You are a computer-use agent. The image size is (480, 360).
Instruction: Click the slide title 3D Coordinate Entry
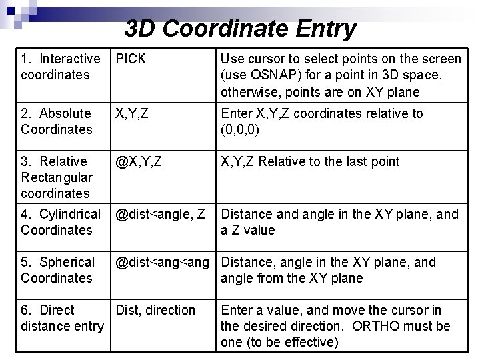tap(240, 29)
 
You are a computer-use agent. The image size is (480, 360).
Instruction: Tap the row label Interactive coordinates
tap(60, 67)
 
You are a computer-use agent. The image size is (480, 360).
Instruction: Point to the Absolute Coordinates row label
tap(57, 121)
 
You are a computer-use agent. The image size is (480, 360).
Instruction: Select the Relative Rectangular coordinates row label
tap(56, 177)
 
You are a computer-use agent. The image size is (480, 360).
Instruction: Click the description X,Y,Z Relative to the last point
tap(310, 161)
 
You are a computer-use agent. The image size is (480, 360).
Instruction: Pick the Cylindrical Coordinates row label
tap(61, 222)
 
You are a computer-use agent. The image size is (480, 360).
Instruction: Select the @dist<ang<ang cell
tap(165, 262)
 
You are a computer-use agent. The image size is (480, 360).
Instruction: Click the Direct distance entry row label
tap(62, 318)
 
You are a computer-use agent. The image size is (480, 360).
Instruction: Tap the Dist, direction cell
tap(155, 310)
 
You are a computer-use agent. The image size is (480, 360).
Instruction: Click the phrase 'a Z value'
tap(247, 230)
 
